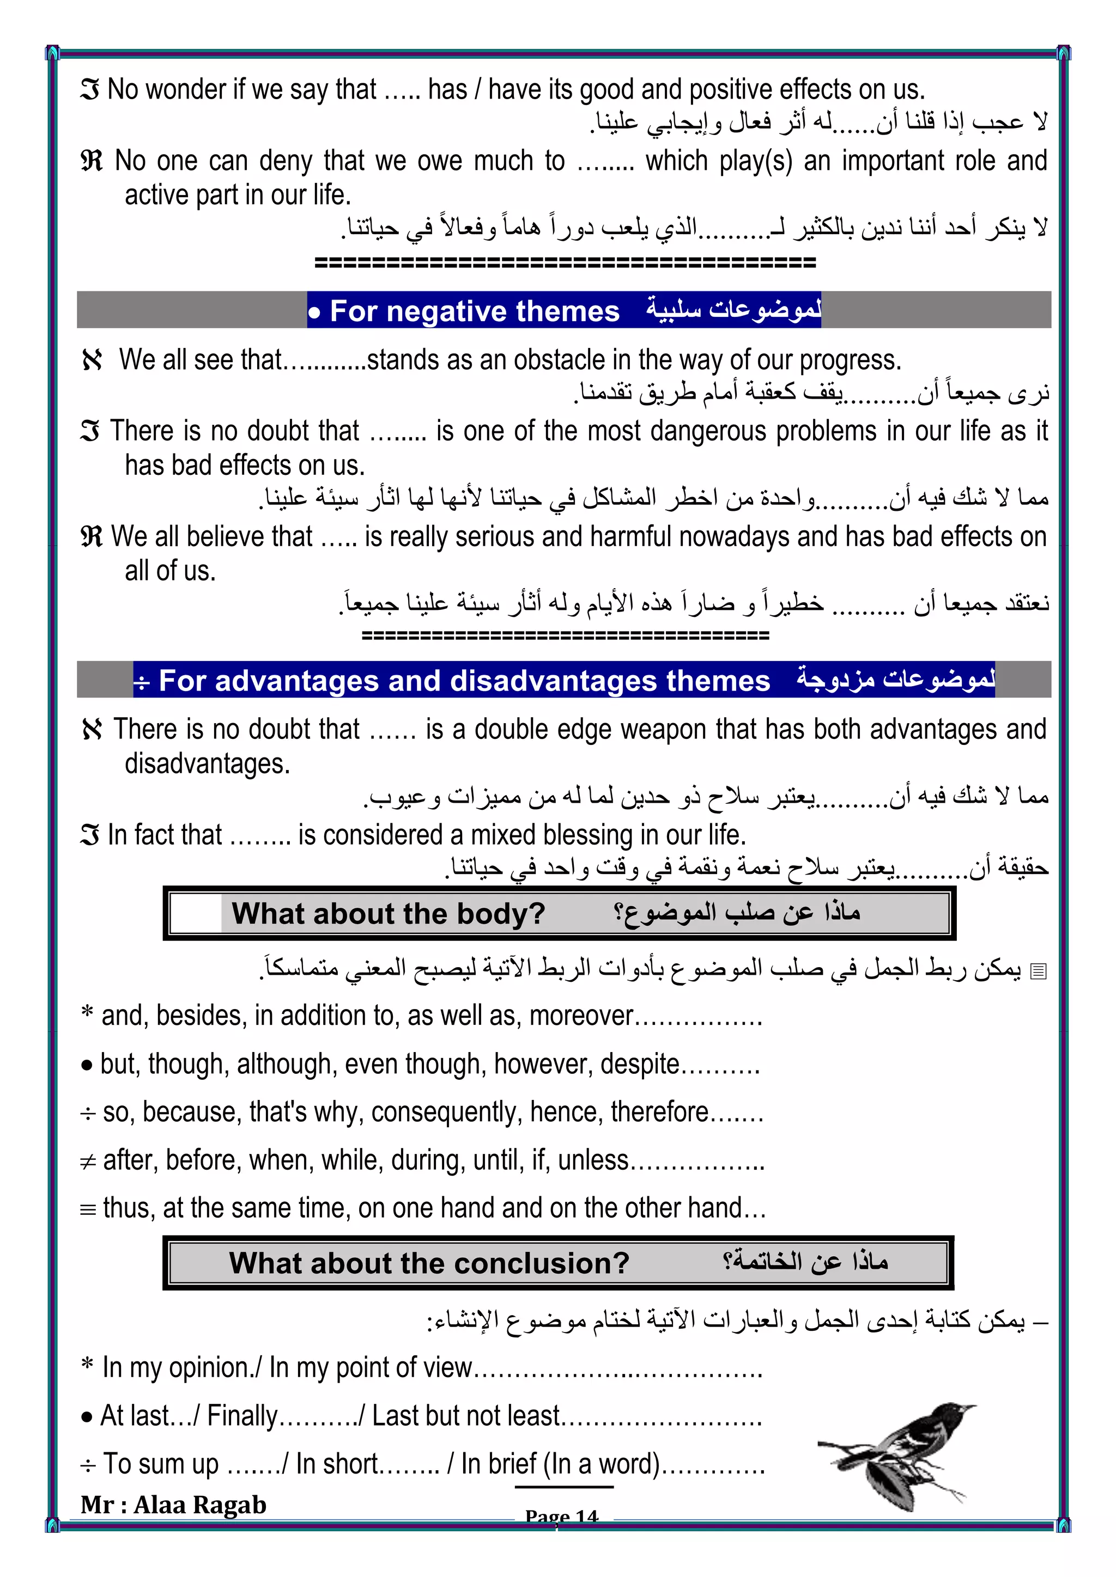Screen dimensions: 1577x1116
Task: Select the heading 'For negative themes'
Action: coord(474,311)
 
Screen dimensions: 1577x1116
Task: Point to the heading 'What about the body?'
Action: coord(389,914)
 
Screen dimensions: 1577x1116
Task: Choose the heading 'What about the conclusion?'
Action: coord(429,1262)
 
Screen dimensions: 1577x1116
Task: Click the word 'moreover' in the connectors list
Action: coord(581,1016)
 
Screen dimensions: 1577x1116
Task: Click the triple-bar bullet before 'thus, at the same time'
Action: coord(88,1209)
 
